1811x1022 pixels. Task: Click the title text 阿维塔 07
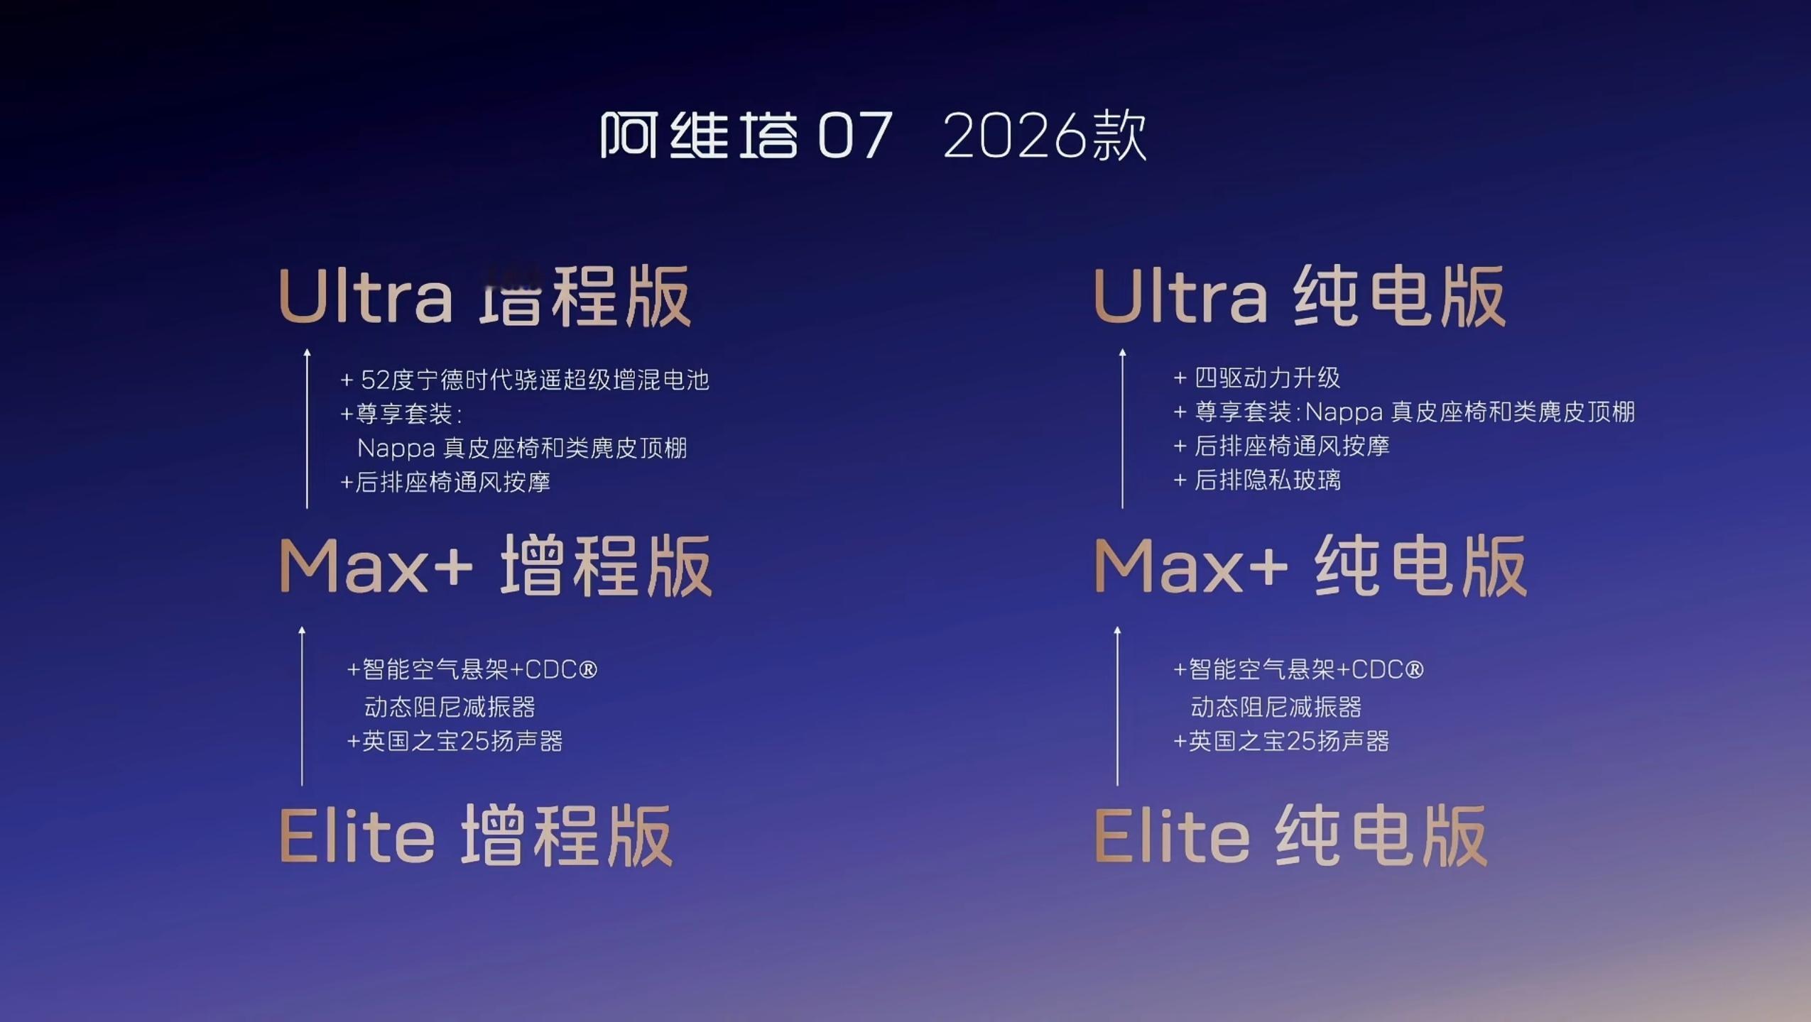(746, 135)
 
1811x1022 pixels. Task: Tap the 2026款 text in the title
(1045, 136)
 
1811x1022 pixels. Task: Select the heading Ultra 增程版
(485, 296)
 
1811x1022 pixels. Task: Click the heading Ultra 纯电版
(1300, 296)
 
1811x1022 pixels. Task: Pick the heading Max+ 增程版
(496, 566)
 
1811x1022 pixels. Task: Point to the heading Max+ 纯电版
(1310, 566)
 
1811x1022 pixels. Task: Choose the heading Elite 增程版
(476, 835)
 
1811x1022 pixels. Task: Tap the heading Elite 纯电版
(1290, 835)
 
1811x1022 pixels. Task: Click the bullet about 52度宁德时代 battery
(525, 380)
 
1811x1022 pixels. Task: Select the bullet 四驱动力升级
(1257, 378)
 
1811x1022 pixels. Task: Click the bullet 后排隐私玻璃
(1257, 480)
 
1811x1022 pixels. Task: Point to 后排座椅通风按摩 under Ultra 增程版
(445, 483)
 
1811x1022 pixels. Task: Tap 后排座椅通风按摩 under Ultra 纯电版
(1281, 446)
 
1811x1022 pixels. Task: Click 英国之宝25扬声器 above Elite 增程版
(455, 742)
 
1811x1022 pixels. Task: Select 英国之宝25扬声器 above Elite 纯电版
(1281, 742)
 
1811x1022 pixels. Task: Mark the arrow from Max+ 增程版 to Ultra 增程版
(307, 429)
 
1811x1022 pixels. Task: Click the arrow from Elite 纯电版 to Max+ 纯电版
(1117, 706)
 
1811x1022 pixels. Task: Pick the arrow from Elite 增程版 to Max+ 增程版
(302, 706)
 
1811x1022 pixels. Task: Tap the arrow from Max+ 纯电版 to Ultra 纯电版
(1122, 429)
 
